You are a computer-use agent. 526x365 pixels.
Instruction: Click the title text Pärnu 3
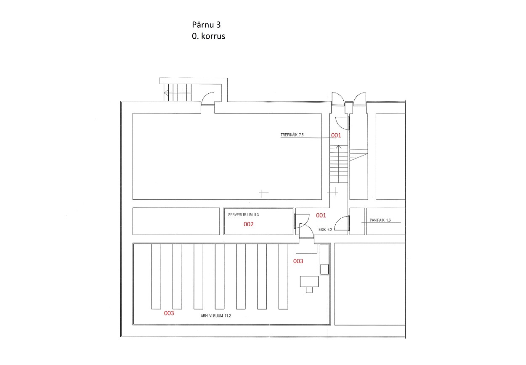pyautogui.click(x=206, y=25)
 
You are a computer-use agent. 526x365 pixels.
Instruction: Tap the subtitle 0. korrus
pyautogui.click(x=208, y=36)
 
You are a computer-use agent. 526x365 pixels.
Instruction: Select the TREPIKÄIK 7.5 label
pyautogui.click(x=292, y=135)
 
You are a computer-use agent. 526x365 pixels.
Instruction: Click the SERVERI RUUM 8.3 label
pyautogui.click(x=243, y=215)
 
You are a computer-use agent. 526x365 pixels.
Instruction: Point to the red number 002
pyautogui.click(x=248, y=225)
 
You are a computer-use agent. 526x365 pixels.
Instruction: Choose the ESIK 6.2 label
pyautogui.click(x=325, y=230)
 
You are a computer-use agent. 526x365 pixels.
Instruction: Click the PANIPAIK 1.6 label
pyautogui.click(x=380, y=220)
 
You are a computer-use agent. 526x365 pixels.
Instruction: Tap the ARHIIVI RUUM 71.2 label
pyautogui.click(x=215, y=316)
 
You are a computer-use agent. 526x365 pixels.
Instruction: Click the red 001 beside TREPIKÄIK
pyautogui.click(x=336, y=135)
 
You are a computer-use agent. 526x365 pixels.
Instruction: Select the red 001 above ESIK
pyautogui.click(x=321, y=215)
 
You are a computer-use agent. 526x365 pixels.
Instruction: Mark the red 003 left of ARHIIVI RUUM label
pyautogui.click(x=169, y=313)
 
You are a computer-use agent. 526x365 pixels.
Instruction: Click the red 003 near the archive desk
pyautogui.click(x=298, y=261)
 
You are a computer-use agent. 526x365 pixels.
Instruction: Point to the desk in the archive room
pyautogui.click(x=309, y=282)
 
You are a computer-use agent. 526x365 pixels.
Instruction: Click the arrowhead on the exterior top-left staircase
pyautogui.click(x=166, y=93)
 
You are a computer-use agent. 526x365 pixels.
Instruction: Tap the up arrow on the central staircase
pyautogui.click(x=338, y=147)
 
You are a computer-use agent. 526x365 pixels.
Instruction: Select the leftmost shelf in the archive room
pyautogui.click(x=156, y=277)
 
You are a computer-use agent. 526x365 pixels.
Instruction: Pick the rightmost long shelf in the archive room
pyautogui.click(x=283, y=277)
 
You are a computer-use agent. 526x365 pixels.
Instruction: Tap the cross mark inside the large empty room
pyautogui.click(x=263, y=193)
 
